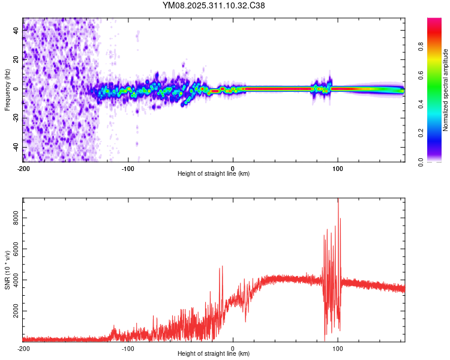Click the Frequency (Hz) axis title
point(7,89)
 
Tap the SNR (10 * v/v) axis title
point(7,269)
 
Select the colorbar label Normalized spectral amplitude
point(445,90)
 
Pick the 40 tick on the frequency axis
point(16,30)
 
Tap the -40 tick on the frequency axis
point(16,148)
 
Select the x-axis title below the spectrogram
point(214,174)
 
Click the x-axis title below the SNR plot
point(214,354)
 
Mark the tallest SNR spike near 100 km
point(338,201)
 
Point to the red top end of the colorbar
point(434,21)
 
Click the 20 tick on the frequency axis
point(16,59)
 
